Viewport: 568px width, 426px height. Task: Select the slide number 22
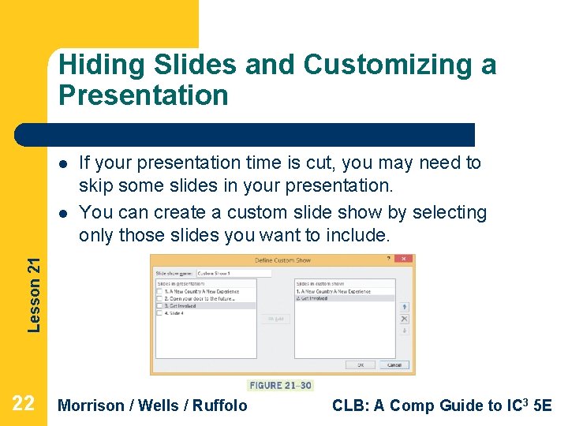click(24, 405)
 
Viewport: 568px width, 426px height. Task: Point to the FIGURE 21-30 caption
click(280, 385)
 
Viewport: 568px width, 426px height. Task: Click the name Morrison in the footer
click(92, 405)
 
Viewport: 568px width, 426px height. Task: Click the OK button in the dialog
click(360, 365)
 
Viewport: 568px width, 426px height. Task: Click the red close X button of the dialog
click(404, 260)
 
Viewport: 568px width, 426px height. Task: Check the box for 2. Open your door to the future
click(159, 299)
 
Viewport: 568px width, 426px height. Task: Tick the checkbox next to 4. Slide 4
click(159, 313)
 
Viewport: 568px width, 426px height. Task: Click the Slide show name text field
click(233, 273)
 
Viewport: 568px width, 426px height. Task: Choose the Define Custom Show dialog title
click(282, 260)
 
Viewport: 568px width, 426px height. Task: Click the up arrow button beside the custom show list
click(404, 306)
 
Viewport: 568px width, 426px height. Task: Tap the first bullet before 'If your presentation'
click(62, 164)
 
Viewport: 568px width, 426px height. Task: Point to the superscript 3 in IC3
click(528, 400)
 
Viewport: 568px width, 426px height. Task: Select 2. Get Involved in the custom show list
click(316, 299)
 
